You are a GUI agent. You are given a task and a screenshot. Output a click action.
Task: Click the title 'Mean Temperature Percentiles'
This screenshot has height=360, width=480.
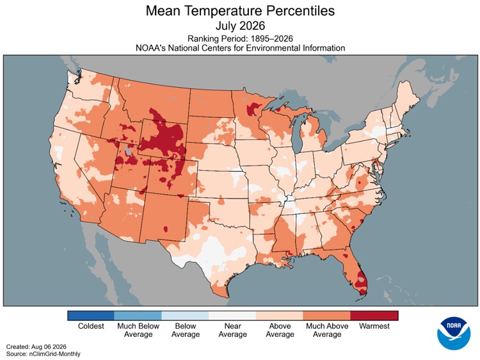[240, 11]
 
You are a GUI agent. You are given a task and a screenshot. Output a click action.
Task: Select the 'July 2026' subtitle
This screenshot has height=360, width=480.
[240, 26]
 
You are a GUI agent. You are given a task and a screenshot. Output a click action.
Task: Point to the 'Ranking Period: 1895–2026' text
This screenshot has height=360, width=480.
[240, 38]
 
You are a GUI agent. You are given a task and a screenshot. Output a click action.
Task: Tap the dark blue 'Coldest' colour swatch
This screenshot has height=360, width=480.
[91, 316]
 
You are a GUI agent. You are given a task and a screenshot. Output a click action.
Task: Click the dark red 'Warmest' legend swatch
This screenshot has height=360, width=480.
[374, 316]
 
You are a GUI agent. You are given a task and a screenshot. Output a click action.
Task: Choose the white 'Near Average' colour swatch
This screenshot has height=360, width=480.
[232, 316]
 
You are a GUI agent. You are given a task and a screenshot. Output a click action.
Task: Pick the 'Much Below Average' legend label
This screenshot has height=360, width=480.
[138, 330]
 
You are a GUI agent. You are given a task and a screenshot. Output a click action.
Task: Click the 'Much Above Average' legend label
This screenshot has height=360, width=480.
[327, 330]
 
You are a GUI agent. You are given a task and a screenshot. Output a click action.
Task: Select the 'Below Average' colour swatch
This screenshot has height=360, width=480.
[185, 316]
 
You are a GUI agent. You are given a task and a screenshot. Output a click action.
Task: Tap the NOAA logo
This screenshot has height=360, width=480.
[453, 333]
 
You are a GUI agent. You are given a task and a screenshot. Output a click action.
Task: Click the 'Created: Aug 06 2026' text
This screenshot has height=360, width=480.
[36, 347]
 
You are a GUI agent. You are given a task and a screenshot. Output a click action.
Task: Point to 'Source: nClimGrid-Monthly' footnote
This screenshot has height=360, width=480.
[43, 354]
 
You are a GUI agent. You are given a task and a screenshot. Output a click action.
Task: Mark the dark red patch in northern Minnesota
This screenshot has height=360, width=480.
[253, 110]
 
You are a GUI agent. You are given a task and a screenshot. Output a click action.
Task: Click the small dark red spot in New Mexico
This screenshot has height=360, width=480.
[166, 229]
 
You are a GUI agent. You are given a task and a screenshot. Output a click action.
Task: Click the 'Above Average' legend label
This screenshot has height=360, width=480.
[280, 330]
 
